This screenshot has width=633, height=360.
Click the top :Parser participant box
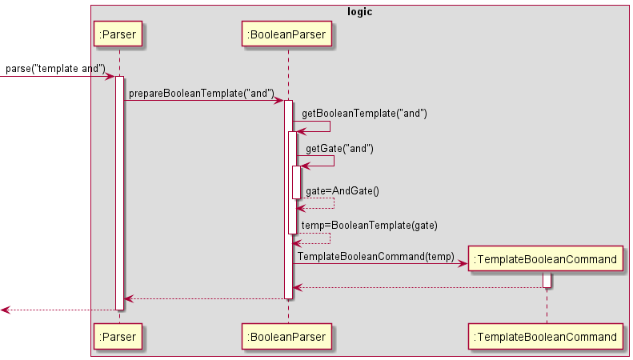118,34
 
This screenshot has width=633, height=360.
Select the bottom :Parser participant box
118,337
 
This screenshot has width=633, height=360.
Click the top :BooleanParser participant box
288,34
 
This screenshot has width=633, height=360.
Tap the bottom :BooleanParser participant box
288,337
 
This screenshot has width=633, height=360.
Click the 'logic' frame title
360,12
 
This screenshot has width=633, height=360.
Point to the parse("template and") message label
55,69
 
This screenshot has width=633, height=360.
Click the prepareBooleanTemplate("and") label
202,94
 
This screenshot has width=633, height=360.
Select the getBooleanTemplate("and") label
364,114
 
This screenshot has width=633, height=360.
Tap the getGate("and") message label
339,149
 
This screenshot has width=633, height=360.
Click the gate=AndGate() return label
343,190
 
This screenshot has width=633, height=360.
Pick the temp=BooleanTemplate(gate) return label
369,226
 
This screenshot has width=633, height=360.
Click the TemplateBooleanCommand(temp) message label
376,256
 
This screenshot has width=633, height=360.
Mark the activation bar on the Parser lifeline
119,192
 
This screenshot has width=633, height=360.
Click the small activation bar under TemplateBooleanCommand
547,280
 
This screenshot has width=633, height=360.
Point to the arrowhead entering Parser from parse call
110,76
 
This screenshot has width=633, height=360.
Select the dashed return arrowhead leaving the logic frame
5,310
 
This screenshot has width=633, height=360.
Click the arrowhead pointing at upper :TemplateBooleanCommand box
462,263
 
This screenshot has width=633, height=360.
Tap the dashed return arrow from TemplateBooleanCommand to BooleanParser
416,287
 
